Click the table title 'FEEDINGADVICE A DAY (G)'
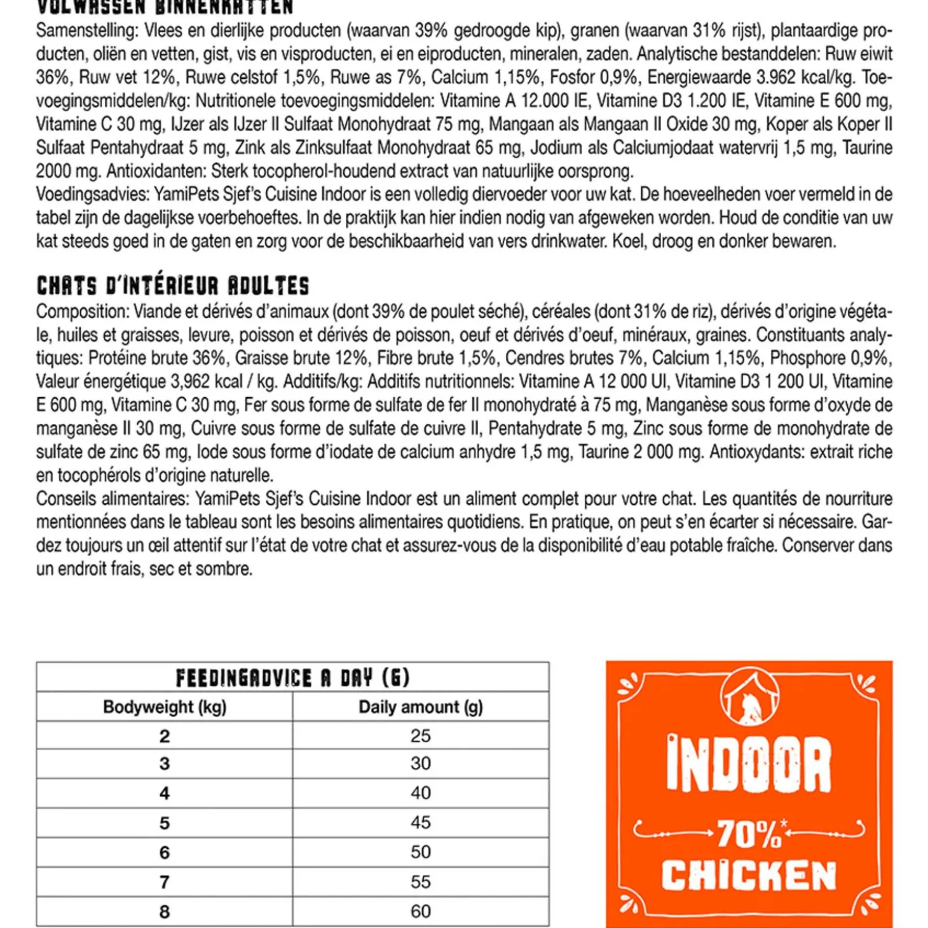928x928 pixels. click(292, 678)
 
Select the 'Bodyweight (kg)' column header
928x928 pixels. click(165, 707)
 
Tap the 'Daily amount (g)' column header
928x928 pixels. click(421, 707)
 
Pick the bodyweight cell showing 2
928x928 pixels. click(165, 736)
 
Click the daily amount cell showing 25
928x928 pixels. click(421, 736)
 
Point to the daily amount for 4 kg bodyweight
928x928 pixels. click(421, 793)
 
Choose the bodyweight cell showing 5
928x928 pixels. click(165, 823)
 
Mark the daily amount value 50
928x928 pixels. click(421, 852)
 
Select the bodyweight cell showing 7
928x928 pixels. click(165, 882)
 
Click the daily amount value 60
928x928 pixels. click(421, 911)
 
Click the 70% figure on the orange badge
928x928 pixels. click(749, 834)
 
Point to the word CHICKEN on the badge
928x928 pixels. click(749, 877)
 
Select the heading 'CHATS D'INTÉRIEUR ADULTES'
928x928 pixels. click(173, 286)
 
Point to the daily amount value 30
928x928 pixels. click(421, 763)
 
